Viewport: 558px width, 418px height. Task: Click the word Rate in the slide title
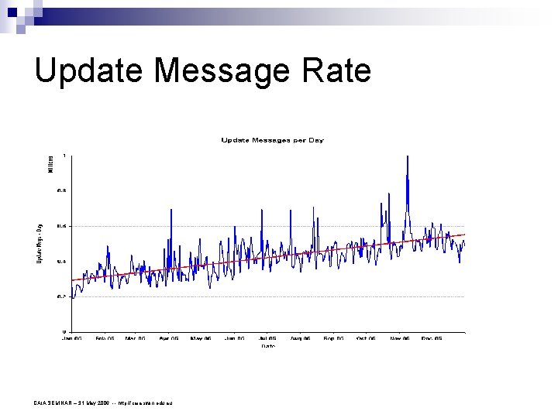pyautogui.click(x=339, y=70)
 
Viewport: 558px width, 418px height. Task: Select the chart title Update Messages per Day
pyautogui.click(x=272, y=140)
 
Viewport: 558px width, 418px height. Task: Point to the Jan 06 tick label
pyautogui.click(x=72, y=338)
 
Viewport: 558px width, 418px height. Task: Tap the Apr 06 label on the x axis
pyautogui.click(x=169, y=338)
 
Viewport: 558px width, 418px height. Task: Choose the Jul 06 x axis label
pyautogui.click(x=267, y=338)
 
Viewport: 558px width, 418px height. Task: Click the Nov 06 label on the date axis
pyautogui.click(x=400, y=338)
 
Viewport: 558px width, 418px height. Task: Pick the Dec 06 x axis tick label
pyautogui.click(x=432, y=338)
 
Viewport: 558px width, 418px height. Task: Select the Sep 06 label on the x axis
pyautogui.click(x=334, y=338)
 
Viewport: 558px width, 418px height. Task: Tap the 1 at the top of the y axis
pyautogui.click(x=64, y=156)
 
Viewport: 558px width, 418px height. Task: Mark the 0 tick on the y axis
pyautogui.click(x=64, y=331)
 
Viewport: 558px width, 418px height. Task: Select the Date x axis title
pyautogui.click(x=268, y=346)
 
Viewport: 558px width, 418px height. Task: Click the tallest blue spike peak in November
pyautogui.click(x=407, y=157)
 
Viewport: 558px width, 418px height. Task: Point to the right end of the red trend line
pyautogui.click(x=464, y=234)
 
